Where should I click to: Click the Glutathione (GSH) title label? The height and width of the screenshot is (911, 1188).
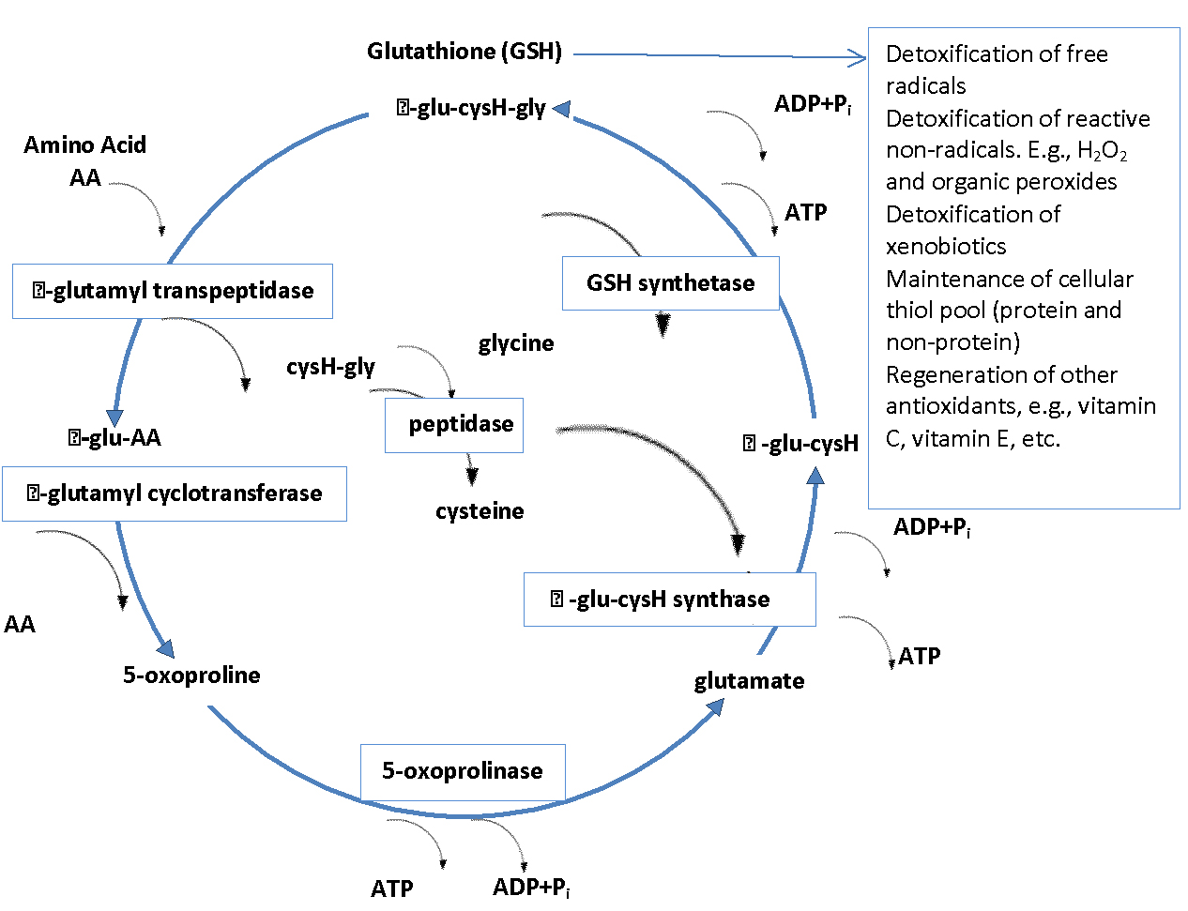[464, 51]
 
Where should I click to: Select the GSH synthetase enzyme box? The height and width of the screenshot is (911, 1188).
[670, 283]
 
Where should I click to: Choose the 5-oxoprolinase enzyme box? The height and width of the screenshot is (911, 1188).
[463, 771]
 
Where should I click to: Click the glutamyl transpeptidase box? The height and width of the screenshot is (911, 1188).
[173, 291]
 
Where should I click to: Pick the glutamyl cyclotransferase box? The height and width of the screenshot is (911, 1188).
[175, 493]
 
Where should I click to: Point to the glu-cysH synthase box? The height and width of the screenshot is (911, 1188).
[669, 600]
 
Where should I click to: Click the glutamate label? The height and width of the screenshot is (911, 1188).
[749, 681]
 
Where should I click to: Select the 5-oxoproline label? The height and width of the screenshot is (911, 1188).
[191, 676]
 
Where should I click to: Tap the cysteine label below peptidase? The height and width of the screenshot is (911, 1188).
[480, 511]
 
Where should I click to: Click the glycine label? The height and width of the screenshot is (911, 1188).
[516, 343]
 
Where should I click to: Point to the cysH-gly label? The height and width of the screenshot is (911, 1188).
[330, 367]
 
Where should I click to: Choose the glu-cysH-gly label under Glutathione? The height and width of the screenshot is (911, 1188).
[471, 108]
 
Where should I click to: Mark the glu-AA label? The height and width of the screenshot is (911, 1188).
[114, 438]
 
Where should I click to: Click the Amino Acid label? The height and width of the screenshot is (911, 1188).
[85, 145]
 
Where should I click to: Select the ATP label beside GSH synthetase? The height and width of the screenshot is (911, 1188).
[806, 213]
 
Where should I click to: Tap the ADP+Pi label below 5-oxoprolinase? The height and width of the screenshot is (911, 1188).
[531, 888]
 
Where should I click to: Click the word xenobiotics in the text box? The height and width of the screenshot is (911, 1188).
[946, 247]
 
